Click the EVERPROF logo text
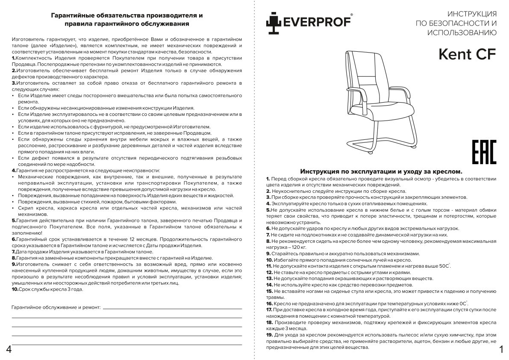317,21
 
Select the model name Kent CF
468,54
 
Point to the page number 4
8,350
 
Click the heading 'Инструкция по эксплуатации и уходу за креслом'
381,171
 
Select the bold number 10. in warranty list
15,289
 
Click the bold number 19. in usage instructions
269,335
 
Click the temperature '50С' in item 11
444,266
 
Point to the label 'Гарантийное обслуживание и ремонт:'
56,307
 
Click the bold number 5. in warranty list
14,220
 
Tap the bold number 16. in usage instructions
269,303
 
